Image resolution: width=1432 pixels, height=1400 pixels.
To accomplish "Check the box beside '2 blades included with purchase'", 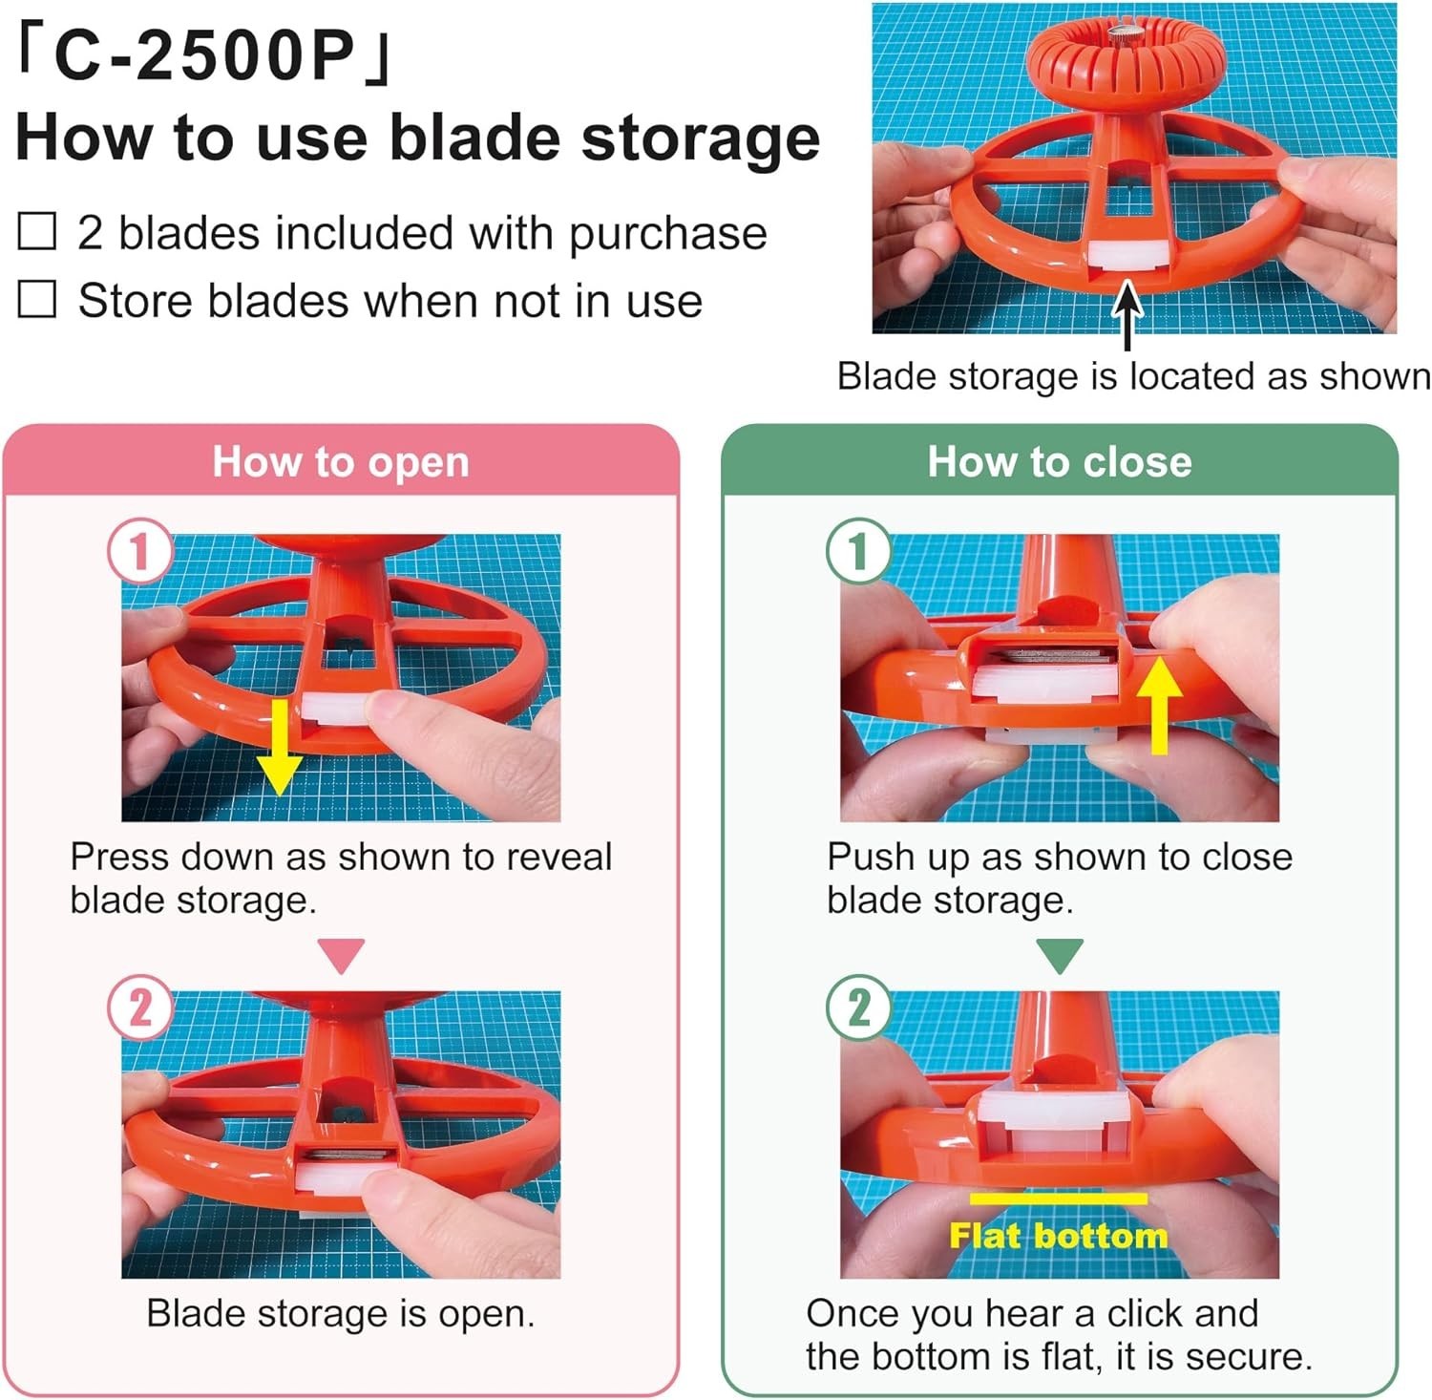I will (37, 232).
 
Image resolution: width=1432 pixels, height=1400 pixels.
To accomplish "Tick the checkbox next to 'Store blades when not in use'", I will (37, 300).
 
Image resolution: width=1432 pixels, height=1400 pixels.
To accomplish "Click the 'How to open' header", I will (341, 462).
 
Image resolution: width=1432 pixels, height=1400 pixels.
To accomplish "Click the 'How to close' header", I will (1060, 462).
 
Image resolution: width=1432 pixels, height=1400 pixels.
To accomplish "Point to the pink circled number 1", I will (140, 551).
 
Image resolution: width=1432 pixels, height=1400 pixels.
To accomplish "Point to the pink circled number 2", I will (140, 1008).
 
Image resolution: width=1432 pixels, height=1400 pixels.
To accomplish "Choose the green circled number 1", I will (858, 551).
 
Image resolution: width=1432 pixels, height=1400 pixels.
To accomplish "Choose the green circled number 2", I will (858, 1008).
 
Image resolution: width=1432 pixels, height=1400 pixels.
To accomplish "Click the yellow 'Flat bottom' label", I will (1058, 1236).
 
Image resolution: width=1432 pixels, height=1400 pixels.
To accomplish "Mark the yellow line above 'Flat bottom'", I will (1058, 1198).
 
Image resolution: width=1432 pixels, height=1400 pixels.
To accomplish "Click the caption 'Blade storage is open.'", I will (341, 1314).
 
